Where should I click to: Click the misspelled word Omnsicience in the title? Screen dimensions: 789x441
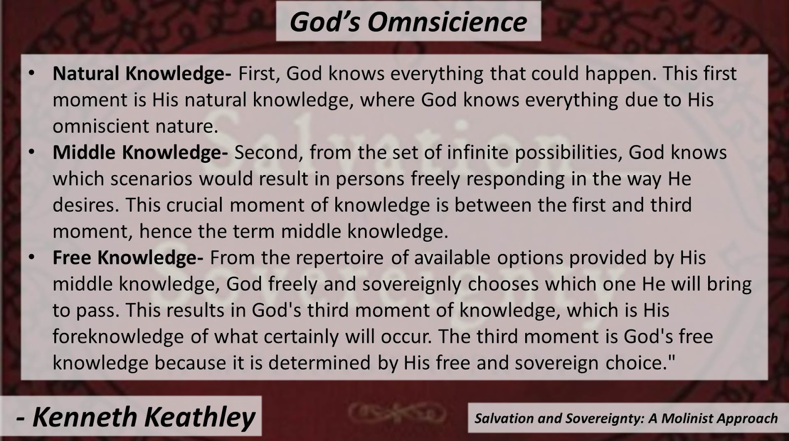coord(447,22)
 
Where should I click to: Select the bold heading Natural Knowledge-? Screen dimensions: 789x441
coord(142,73)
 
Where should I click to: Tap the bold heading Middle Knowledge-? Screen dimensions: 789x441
coord(140,152)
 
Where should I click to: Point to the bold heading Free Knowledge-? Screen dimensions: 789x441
coord(128,257)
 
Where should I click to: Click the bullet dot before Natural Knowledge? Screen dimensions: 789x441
coord(32,73)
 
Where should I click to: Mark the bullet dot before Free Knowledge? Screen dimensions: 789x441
coord(32,257)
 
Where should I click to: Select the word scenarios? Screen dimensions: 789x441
coord(151,179)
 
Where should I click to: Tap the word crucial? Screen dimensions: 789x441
coord(195,205)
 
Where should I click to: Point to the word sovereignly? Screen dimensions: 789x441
coord(412,285)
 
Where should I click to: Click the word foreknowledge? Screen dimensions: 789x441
coord(118,336)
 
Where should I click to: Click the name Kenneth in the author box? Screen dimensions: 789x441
coord(84,417)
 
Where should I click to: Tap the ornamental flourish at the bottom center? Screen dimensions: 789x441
coord(397,412)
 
